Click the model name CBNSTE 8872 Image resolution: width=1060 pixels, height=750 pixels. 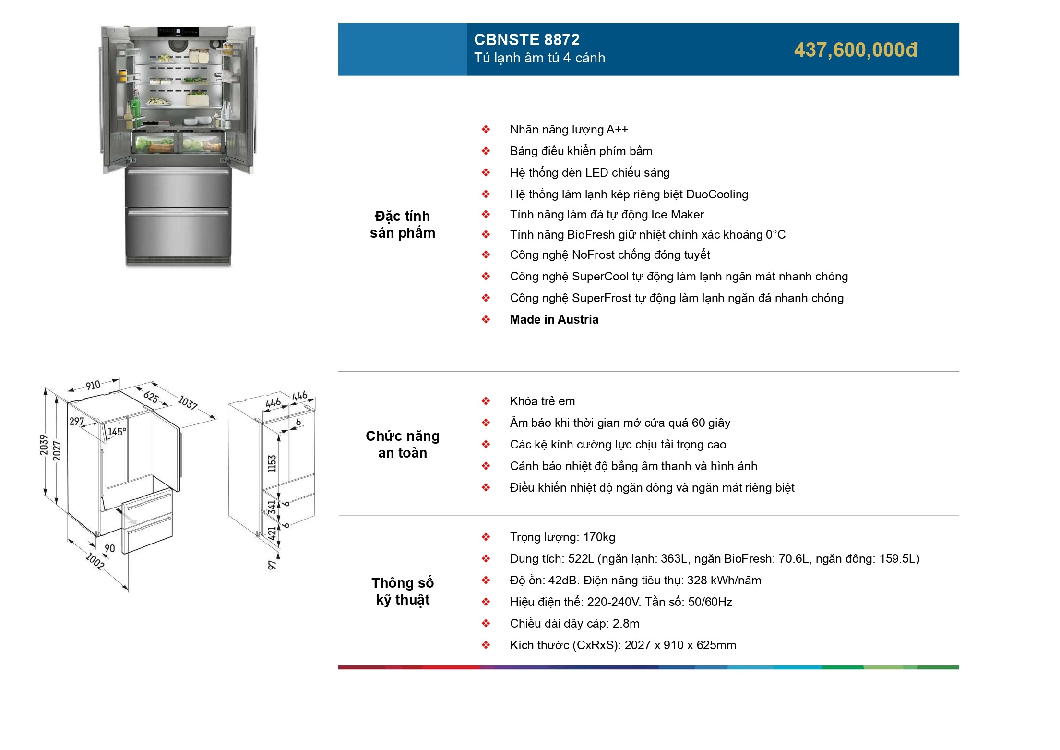pyautogui.click(x=526, y=39)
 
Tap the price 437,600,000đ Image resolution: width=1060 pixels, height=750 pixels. pyautogui.click(x=856, y=50)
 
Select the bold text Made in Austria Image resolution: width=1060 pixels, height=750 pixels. pyautogui.click(x=554, y=320)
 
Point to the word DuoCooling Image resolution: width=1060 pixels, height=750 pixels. pyautogui.click(x=717, y=194)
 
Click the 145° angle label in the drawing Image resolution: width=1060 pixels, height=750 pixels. pyautogui.click(x=117, y=432)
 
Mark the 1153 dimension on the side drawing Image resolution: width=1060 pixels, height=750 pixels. pyautogui.click(x=272, y=464)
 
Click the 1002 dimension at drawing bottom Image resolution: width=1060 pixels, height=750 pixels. pyautogui.click(x=95, y=561)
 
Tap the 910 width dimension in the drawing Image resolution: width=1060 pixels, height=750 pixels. pyautogui.click(x=93, y=385)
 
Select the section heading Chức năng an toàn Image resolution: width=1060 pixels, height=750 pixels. pyautogui.click(x=402, y=444)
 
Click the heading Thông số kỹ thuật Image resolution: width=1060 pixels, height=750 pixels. pyautogui.click(x=402, y=591)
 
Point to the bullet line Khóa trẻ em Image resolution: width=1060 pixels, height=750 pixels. pyautogui.click(x=542, y=401)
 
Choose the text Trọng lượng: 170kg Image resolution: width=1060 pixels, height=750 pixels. pyautogui.click(x=562, y=537)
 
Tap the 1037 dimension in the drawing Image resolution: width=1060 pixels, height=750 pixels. pyautogui.click(x=188, y=402)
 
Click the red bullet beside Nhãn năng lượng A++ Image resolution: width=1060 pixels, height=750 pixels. pyautogui.click(x=486, y=130)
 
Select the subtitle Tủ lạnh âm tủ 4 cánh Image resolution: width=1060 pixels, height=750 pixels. pyautogui.click(x=539, y=58)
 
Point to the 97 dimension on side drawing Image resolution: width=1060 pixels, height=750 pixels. pyautogui.click(x=272, y=565)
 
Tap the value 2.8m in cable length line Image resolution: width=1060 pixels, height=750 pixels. pyautogui.click(x=626, y=624)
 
